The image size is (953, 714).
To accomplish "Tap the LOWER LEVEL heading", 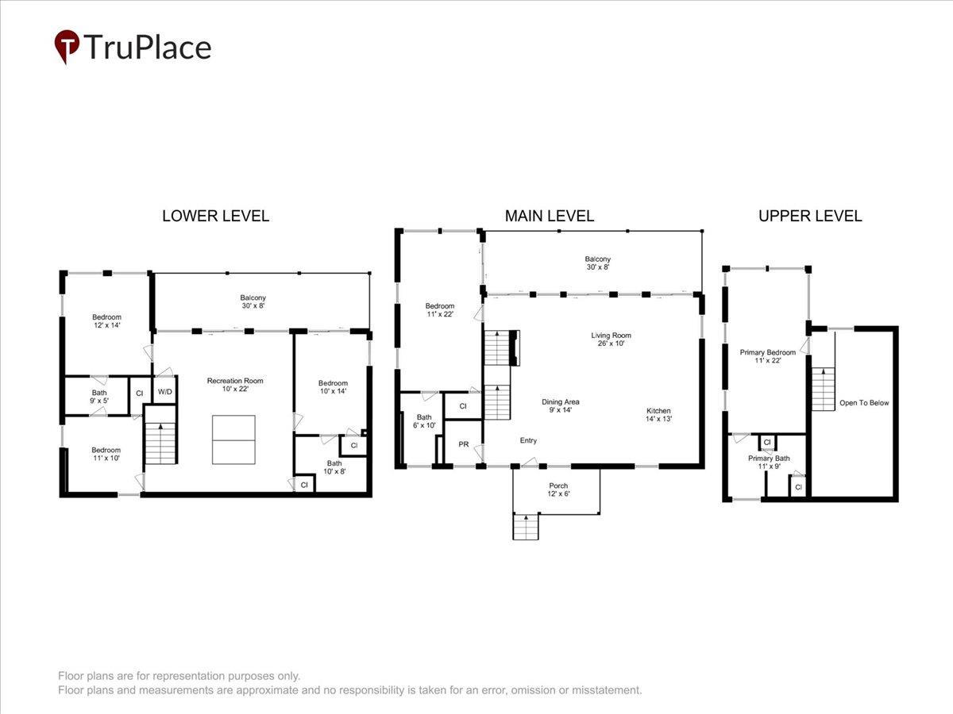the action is point(215,216).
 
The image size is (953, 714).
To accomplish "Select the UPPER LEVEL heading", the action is point(810,216).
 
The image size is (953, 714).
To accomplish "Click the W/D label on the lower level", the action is point(165,392).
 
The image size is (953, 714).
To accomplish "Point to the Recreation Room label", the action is point(235,385).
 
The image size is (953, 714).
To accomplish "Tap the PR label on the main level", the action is point(463,444).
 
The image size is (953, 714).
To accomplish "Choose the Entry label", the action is point(528,440).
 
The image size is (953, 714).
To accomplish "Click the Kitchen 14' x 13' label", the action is point(658,414).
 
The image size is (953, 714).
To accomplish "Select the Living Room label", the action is point(611,339).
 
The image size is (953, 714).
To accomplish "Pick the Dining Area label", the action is point(560,405).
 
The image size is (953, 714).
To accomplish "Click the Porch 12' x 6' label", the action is point(558,489).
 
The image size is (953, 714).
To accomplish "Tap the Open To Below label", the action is point(864,403).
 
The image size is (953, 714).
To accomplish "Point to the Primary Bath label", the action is point(769,463).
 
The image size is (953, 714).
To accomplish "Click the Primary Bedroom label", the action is point(768,356).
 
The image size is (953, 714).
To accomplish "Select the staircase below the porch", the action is point(526,526).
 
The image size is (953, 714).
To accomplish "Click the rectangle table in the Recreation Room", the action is point(233,440).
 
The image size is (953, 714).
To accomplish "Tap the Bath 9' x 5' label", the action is point(99,396).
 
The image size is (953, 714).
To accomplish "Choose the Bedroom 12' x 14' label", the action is point(106,321).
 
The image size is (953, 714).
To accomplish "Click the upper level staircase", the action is point(824,389).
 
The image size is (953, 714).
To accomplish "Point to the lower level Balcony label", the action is point(253,301).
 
